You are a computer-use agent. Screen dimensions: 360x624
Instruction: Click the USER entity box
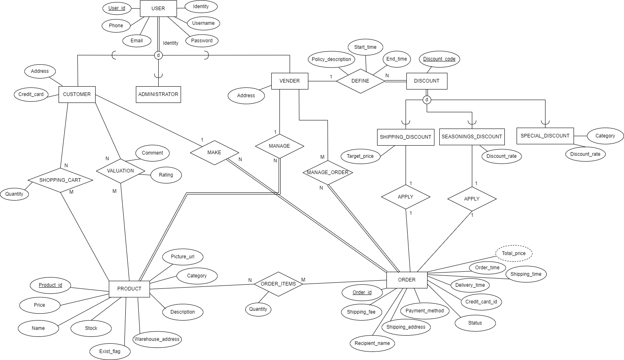(x=158, y=9)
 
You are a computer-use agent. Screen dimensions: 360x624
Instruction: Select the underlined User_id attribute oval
(x=117, y=8)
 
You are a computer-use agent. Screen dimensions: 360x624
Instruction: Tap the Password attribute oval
(x=202, y=41)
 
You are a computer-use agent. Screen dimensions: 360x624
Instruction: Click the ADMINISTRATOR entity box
(x=158, y=94)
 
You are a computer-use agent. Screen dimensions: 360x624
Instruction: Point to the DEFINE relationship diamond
(x=360, y=81)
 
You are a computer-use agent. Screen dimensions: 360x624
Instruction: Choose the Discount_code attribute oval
(x=439, y=59)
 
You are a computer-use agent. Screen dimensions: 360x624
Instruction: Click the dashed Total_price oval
(x=514, y=253)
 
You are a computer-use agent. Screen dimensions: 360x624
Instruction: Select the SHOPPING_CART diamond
(x=60, y=180)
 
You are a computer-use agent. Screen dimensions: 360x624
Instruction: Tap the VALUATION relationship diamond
(x=120, y=171)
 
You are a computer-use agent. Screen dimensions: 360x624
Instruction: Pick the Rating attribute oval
(x=166, y=175)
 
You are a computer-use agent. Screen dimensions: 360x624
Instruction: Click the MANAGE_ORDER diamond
(x=328, y=172)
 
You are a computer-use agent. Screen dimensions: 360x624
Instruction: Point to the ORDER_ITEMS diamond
(x=278, y=284)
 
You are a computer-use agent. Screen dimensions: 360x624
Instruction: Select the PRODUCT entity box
(x=129, y=289)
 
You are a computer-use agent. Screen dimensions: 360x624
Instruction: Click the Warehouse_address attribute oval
(x=157, y=339)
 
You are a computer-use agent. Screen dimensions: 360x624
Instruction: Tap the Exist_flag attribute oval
(x=110, y=351)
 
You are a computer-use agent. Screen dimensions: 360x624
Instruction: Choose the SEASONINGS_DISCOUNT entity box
(x=472, y=137)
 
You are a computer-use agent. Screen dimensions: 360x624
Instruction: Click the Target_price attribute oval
(x=360, y=156)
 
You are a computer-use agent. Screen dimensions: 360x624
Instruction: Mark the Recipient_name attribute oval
(x=372, y=343)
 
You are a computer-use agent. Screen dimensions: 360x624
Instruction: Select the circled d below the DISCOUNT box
(x=427, y=100)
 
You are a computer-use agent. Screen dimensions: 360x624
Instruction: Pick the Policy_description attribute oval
(x=331, y=59)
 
